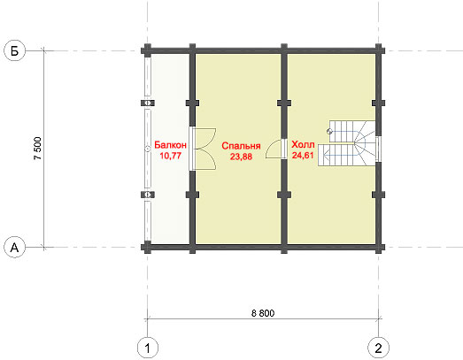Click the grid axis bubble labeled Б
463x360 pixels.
click(14, 50)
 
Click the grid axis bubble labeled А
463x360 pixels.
click(14, 247)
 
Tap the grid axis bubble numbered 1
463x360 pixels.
click(148, 348)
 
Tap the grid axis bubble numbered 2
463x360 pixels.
click(378, 348)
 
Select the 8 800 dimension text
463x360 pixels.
click(263, 313)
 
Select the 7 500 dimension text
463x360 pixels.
click(38, 149)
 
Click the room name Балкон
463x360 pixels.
click(170, 145)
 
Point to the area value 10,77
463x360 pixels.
click(170, 156)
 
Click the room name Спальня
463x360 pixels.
click(241, 146)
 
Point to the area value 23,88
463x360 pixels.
click(241, 157)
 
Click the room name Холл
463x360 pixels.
click(303, 144)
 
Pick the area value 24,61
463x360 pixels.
click(303, 155)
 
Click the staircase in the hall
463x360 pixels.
click(347, 142)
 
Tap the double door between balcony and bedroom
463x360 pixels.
click(204, 149)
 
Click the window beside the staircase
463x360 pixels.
click(379, 149)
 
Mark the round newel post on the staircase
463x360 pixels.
click(330, 132)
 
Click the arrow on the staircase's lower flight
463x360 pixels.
click(339, 154)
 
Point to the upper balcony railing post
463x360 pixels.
click(148, 103)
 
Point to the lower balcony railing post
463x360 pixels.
click(148, 195)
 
